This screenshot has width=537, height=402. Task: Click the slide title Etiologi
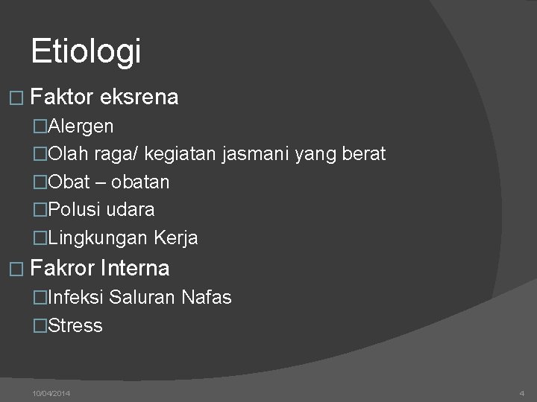[86, 51]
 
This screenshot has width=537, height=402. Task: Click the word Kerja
[176, 238]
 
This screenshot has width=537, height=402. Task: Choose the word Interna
[139, 267]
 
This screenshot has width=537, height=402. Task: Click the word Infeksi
[75, 298]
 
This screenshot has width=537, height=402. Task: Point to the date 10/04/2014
[51, 392]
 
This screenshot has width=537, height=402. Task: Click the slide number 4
[521, 392]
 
